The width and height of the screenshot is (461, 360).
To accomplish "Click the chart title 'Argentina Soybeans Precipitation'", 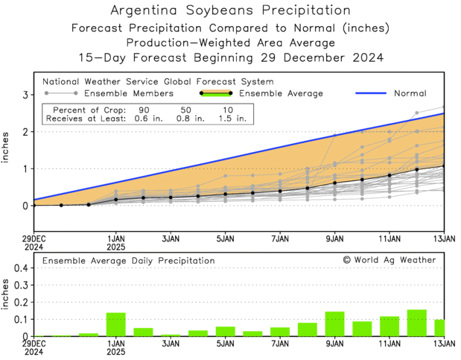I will (230, 11).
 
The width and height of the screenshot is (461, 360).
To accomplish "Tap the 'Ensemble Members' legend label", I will (128, 93).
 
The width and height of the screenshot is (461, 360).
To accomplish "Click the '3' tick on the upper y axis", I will (24, 95).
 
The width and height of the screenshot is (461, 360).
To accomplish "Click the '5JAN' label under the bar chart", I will (225, 344).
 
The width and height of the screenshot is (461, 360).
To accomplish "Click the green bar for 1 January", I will (115, 324).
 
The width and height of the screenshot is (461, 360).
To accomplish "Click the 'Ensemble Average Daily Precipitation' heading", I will (128, 261).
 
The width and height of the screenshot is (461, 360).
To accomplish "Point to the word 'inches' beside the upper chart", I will (7, 150).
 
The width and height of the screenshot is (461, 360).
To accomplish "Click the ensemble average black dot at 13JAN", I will (444, 166).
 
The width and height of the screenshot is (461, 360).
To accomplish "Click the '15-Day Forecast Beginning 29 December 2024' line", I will (230, 57).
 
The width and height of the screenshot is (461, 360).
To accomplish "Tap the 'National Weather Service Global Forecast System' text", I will (158, 81).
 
